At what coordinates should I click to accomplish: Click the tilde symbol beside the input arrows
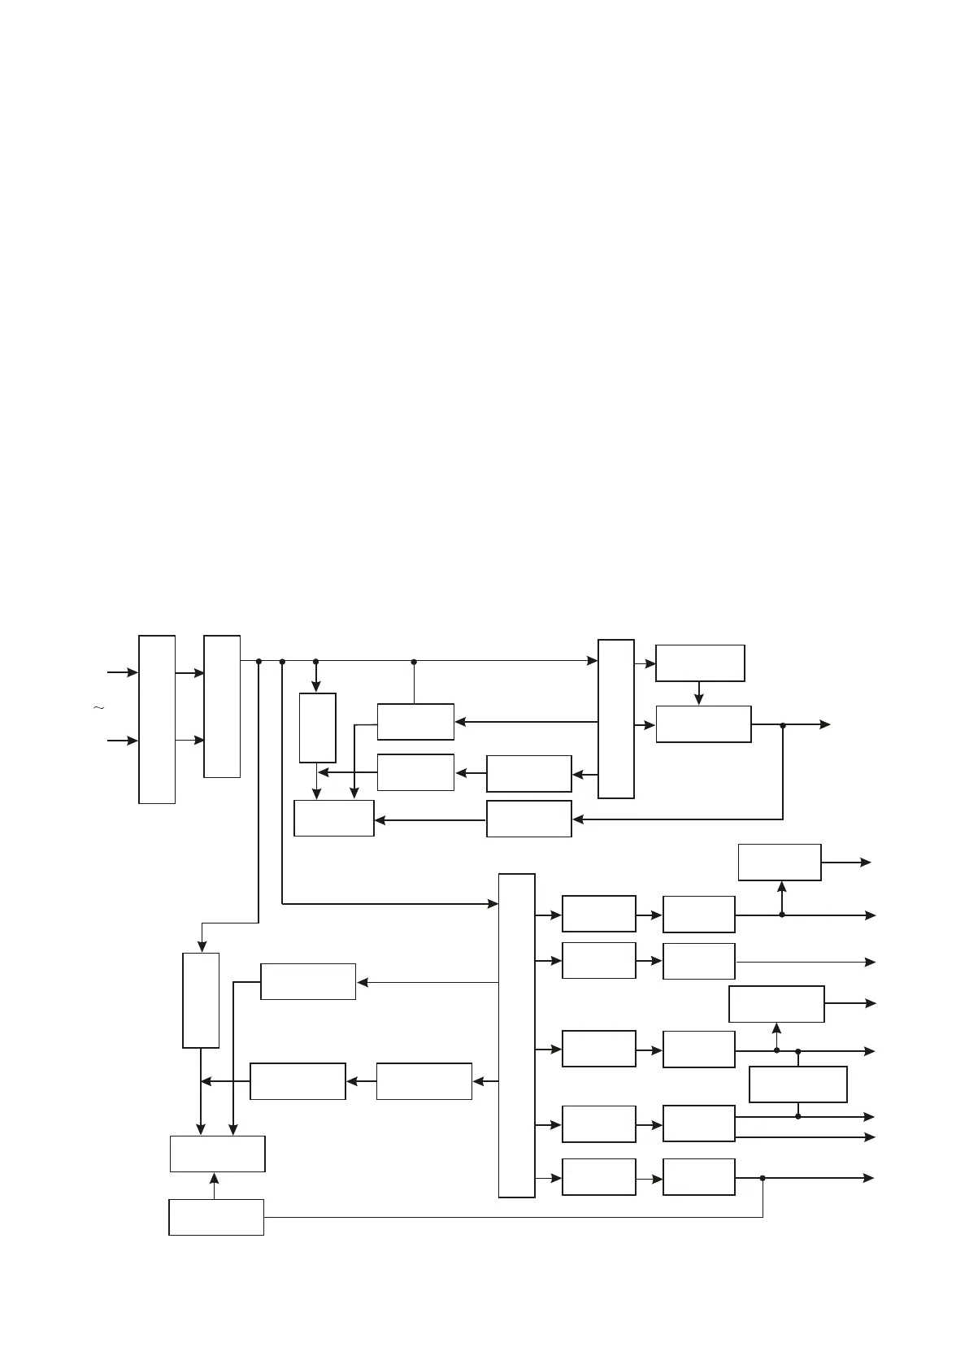(x=99, y=709)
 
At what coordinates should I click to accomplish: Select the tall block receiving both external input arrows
(x=157, y=719)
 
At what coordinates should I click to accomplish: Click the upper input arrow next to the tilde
(x=123, y=673)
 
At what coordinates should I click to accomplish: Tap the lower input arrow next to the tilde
(x=123, y=741)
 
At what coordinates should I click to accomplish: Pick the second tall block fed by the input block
(x=222, y=706)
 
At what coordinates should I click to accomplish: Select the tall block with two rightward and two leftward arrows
(x=616, y=719)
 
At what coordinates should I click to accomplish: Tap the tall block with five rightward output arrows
(x=517, y=1035)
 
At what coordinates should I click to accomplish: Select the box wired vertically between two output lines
(x=797, y=1084)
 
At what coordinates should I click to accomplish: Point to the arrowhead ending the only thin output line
(x=871, y=962)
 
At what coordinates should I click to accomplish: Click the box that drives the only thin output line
(x=699, y=961)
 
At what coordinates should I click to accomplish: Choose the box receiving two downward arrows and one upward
(x=217, y=1154)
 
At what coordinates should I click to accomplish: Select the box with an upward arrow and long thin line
(x=216, y=1217)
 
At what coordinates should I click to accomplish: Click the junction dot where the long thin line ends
(x=763, y=1178)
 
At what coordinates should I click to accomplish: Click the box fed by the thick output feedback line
(x=529, y=819)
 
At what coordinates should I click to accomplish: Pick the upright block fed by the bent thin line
(x=201, y=1000)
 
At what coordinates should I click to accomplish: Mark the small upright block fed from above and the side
(x=317, y=728)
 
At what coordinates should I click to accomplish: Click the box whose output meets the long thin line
(x=699, y=1177)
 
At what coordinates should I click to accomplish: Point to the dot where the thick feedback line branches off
(x=783, y=725)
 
